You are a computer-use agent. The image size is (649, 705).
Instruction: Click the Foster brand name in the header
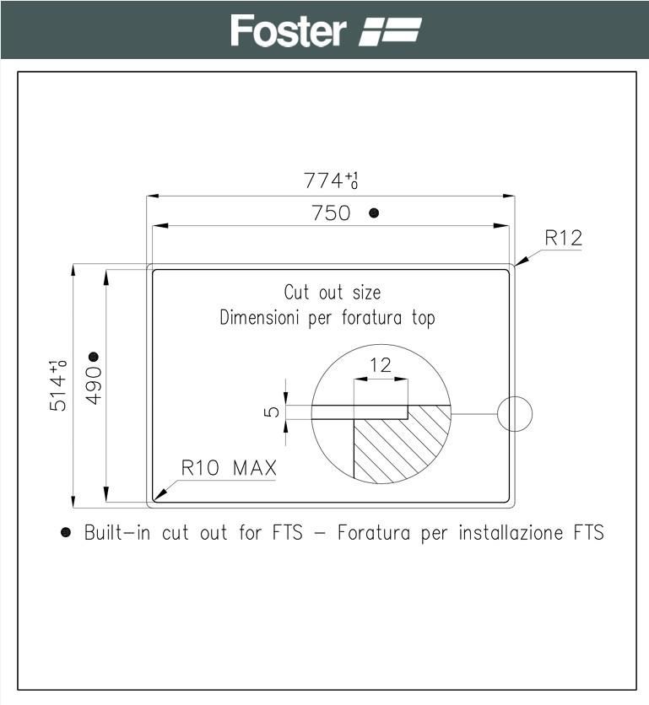click(x=288, y=30)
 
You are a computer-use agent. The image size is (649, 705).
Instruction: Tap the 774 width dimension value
click(x=323, y=180)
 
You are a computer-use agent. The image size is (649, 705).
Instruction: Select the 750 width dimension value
click(x=331, y=213)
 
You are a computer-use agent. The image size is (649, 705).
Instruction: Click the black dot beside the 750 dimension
click(x=374, y=213)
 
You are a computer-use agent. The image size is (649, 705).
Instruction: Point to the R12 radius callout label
click(x=563, y=238)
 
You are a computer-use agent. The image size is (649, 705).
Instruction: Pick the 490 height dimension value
click(x=94, y=385)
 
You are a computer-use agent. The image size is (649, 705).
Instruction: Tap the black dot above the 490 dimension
click(x=94, y=357)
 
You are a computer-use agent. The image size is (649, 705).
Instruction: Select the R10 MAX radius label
click(x=229, y=468)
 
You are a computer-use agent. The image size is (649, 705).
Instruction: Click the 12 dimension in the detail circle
click(x=381, y=365)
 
